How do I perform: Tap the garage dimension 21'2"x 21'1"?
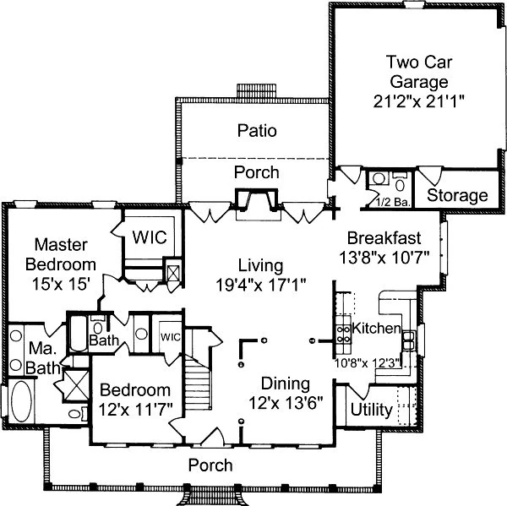pyautogui.click(x=415, y=100)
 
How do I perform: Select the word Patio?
pyautogui.click(x=257, y=131)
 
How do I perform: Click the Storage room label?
pyautogui.click(x=457, y=196)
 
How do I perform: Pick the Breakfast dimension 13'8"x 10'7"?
pyautogui.click(x=390, y=255)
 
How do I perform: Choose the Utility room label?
pyautogui.click(x=371, y=411)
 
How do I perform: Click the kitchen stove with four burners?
pyautogui.click(x=345, y=335)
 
